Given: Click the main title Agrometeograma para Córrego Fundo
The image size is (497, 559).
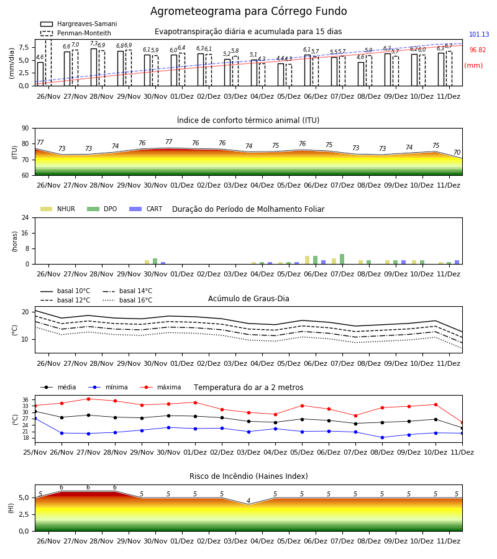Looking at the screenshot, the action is [248, 11].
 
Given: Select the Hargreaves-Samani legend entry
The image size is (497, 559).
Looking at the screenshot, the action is [78, 24].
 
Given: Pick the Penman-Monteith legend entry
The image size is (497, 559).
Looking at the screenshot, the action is [76, 33].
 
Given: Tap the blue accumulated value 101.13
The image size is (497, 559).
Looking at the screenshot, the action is [479, 34].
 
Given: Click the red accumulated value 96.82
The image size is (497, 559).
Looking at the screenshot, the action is [478, 50].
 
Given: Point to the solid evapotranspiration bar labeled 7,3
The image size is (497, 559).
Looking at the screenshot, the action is [94, 67].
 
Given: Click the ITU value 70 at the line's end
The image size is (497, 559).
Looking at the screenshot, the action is [457, 152].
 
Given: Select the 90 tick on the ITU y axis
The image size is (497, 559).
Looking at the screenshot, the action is [25, 129].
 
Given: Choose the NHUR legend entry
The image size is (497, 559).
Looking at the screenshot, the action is [58, 209].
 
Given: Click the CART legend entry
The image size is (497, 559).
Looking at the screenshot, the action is [146, 209].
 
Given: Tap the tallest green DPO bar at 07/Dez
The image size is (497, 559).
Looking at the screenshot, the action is [342, 259].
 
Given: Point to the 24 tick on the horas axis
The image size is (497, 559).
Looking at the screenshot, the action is [25, 217].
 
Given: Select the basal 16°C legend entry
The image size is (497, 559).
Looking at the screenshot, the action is [127, 300].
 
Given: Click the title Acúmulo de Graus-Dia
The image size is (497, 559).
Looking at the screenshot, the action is [248, 298].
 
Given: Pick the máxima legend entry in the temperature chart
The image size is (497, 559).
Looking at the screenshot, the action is [160, 387].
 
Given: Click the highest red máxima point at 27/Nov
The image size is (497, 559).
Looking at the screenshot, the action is [88, 399].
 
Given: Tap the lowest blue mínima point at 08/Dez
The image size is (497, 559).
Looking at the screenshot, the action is [382, 437].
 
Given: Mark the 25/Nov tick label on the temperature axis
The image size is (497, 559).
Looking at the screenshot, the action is [35, 452].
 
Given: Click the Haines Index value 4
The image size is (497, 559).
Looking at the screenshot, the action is [248, 501].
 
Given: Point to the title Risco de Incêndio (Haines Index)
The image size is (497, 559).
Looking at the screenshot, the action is [248, 476].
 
